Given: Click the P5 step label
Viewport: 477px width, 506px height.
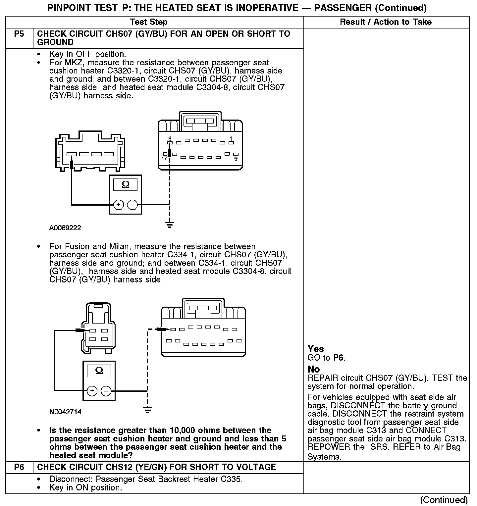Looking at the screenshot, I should [19, 34].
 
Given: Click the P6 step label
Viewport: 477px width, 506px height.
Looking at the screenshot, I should [19, 467].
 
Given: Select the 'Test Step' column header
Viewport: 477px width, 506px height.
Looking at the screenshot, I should [148, 22].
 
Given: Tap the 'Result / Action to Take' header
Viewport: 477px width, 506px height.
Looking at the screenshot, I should [386, 22].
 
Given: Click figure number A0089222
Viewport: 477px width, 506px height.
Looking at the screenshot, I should [65, 228].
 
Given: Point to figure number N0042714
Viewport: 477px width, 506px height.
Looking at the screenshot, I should [65, 412].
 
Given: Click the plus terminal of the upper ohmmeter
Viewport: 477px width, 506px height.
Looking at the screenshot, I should [119, 205].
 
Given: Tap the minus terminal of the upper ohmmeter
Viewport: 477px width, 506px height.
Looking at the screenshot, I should [132, 205].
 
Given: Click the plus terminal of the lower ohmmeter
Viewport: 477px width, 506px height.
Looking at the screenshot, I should [92, 391].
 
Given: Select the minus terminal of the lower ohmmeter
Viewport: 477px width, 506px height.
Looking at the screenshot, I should [106, 391].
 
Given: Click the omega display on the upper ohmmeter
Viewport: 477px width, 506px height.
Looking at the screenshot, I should [126, 184].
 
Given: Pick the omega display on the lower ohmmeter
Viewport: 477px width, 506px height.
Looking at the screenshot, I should [99, 371].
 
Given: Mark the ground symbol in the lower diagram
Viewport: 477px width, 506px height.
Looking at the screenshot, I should [148, 410].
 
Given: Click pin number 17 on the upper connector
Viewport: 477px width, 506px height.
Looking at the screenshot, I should [164, 159].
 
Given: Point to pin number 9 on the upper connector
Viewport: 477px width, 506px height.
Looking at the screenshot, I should [236, 159].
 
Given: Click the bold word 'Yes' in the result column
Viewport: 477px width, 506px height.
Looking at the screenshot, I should [316, 349].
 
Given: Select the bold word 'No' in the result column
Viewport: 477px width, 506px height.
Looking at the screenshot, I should [314, 369].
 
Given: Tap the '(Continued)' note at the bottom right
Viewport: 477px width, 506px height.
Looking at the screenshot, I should [444, 500].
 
